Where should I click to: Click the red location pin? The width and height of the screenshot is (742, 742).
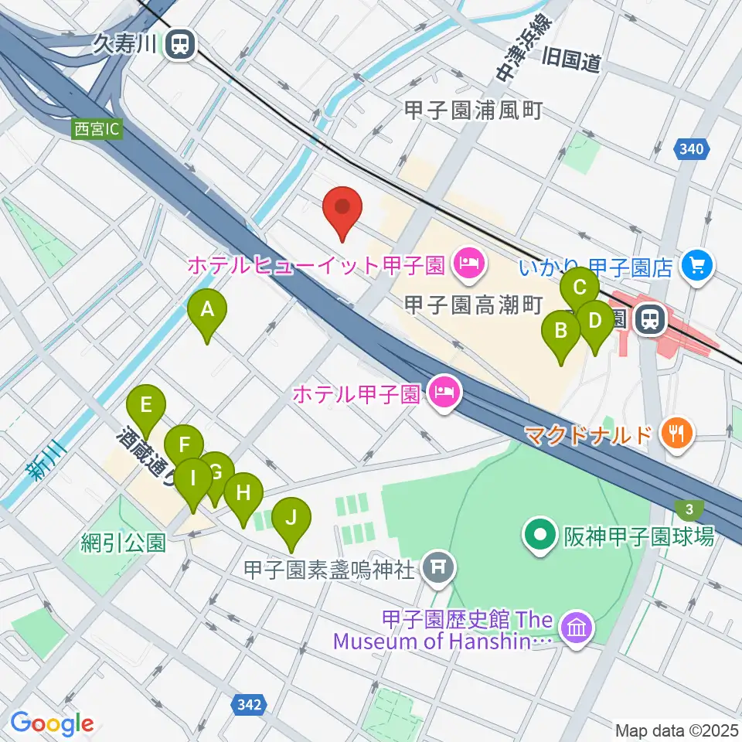pyautogui.click(x=342, y=209)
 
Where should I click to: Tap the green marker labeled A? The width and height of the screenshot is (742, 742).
pyautogui.click(x=207, y=311)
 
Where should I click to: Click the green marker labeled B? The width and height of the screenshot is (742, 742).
pyautogui.click(x=563, y=332)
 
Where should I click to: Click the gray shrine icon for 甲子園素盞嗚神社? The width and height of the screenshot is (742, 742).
pyautogui.click(x=438, y=570)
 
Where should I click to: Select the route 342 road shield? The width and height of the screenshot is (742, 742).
pyautogui.click(x=250, y=703)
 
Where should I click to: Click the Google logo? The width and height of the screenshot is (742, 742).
pyautogui.click(x=52, y=723)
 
